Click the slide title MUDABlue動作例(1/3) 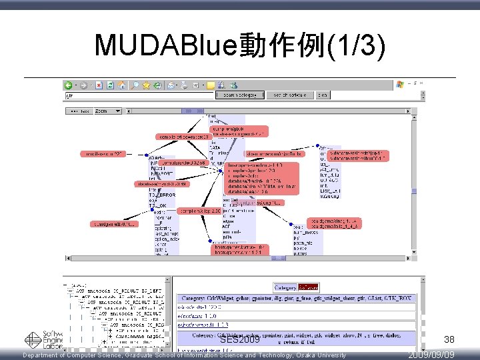(x=240, y=45)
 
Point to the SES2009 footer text (x=239, y=341)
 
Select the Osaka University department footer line (x=185, y=355)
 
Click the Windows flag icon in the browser (x=399, y=84)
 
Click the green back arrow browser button (x=69, y=85)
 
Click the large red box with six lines (x=263, y=177)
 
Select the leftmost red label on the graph (x=105, y=154)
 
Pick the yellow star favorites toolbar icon (x=146, y=85)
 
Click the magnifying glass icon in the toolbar (x=135, y=85)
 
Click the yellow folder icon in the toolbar (x=210, y=85)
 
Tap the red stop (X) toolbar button (x=99, y=85)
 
